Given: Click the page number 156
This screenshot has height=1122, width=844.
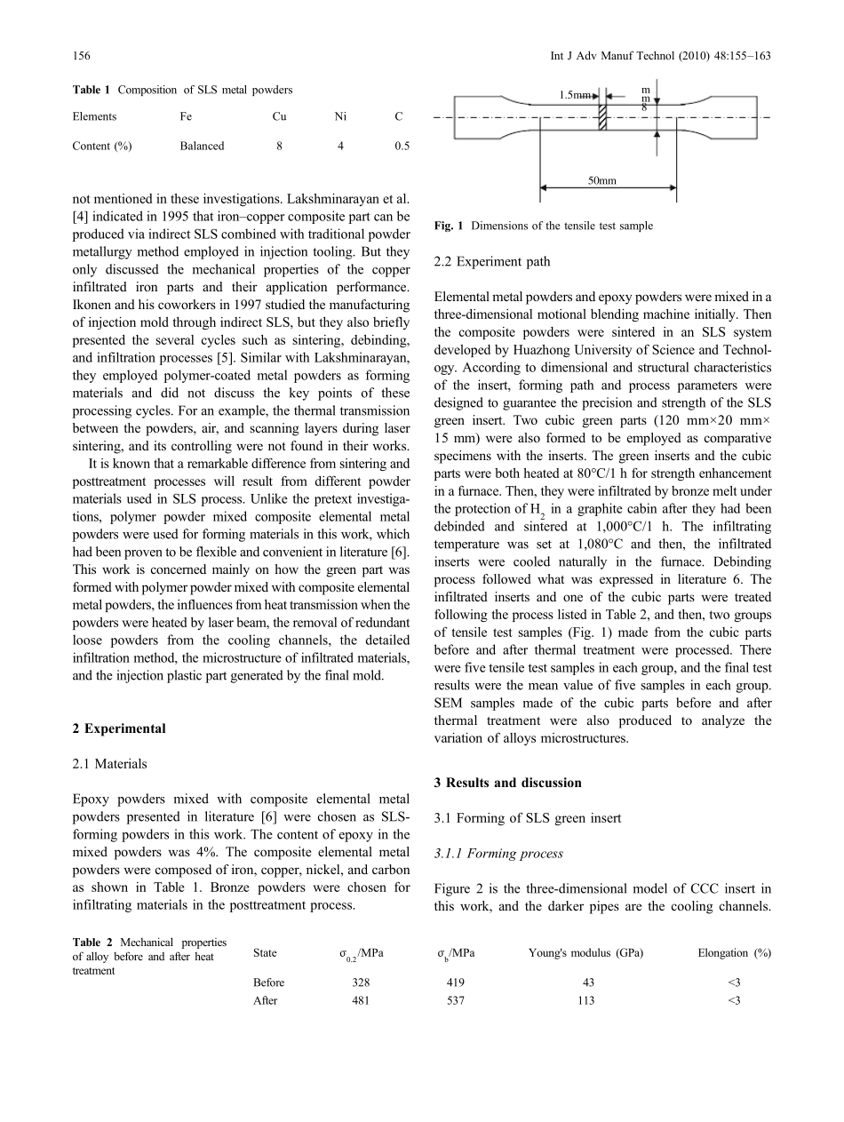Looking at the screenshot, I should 80,56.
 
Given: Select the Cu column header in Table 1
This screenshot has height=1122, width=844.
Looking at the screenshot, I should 280,116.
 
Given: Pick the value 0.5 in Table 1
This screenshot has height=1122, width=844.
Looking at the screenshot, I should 402,147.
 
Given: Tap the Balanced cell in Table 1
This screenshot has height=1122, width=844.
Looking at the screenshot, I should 202,147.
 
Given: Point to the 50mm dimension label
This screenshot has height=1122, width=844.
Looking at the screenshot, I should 604,180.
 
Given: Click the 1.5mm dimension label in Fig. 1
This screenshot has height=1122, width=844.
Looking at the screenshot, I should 576,94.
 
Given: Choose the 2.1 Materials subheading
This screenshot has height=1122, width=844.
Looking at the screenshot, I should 109,763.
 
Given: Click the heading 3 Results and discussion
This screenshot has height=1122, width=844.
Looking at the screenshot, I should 507,783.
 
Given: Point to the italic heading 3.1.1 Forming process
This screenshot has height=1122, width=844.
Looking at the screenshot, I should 498,854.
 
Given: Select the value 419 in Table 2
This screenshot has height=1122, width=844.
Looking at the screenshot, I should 455,983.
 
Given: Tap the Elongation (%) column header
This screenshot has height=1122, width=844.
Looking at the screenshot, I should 734,953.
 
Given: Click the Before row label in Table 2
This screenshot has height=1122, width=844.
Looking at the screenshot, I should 268,983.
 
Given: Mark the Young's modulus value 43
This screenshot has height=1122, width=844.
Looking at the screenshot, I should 588,983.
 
